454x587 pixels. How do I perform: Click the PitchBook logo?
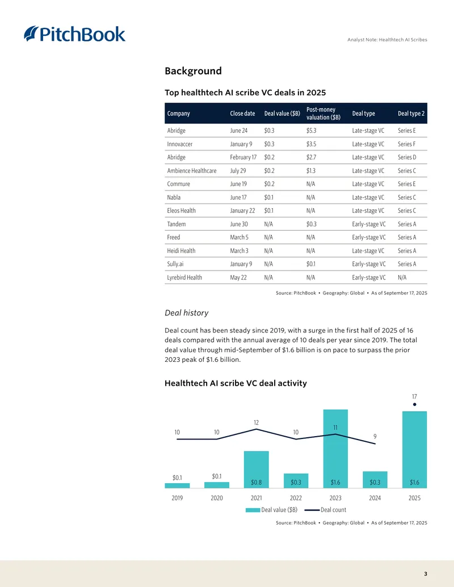click(x=74, y=33)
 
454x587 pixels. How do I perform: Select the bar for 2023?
click(x=335, y=449)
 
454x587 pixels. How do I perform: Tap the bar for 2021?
click(x=256, y=470)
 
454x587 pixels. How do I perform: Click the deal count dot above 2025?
click(x=414, y=404)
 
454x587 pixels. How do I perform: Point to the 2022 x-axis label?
click(x=296, y=498)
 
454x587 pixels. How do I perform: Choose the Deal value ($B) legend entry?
click(x=272, y=510)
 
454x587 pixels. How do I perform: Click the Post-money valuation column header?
click(x=323, y=113)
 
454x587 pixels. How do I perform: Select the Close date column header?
click(x=242, y=113)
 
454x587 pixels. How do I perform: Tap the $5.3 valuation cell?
click(x=311, y=130)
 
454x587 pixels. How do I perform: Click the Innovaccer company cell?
click(x=180, y=144)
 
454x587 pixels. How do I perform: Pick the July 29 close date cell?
click(x=238, y=171)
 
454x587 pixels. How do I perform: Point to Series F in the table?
click(x=406, y=144)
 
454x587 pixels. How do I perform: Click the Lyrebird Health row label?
click(x=184, y=277)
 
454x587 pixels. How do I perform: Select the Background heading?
click(x=194, y=71)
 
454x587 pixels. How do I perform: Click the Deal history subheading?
click(x=187, y=313)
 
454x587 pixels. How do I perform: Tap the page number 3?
click(x=426, y=574)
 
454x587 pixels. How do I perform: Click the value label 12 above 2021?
click(x=256, y=423)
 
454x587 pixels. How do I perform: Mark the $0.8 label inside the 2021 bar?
click(x=256, y=482)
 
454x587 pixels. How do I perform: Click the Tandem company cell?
click(x=176, y=224)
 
